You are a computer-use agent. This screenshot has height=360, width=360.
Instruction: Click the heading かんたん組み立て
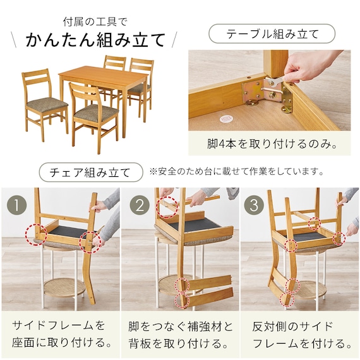96,40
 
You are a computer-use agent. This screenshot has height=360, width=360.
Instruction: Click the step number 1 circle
16,205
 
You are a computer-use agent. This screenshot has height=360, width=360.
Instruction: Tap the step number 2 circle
140,205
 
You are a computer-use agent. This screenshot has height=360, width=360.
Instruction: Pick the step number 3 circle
254,205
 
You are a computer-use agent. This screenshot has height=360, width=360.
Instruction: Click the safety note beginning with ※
236,171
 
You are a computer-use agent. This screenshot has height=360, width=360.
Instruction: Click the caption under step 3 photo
302,335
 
